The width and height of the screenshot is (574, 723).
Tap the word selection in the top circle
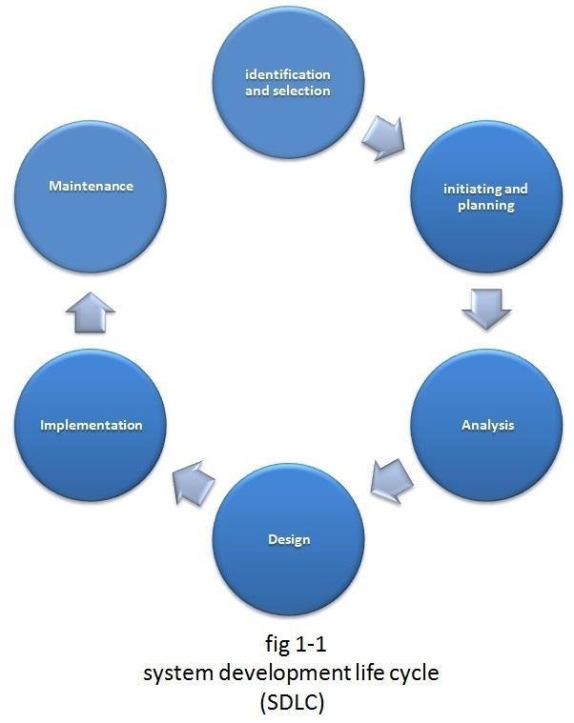click(x=302, y=91)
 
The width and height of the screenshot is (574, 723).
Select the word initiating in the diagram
click(x=464, y=190)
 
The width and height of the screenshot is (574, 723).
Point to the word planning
click(x=486, y=206)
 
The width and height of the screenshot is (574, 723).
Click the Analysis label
click(x=486, y=425)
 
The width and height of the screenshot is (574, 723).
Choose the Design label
click(x=289, y=540)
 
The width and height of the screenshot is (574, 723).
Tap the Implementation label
click(x=92, y=425)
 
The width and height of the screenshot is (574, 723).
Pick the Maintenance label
click(x=92, y=187)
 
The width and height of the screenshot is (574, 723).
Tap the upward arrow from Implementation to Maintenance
click(x=92, y=311)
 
